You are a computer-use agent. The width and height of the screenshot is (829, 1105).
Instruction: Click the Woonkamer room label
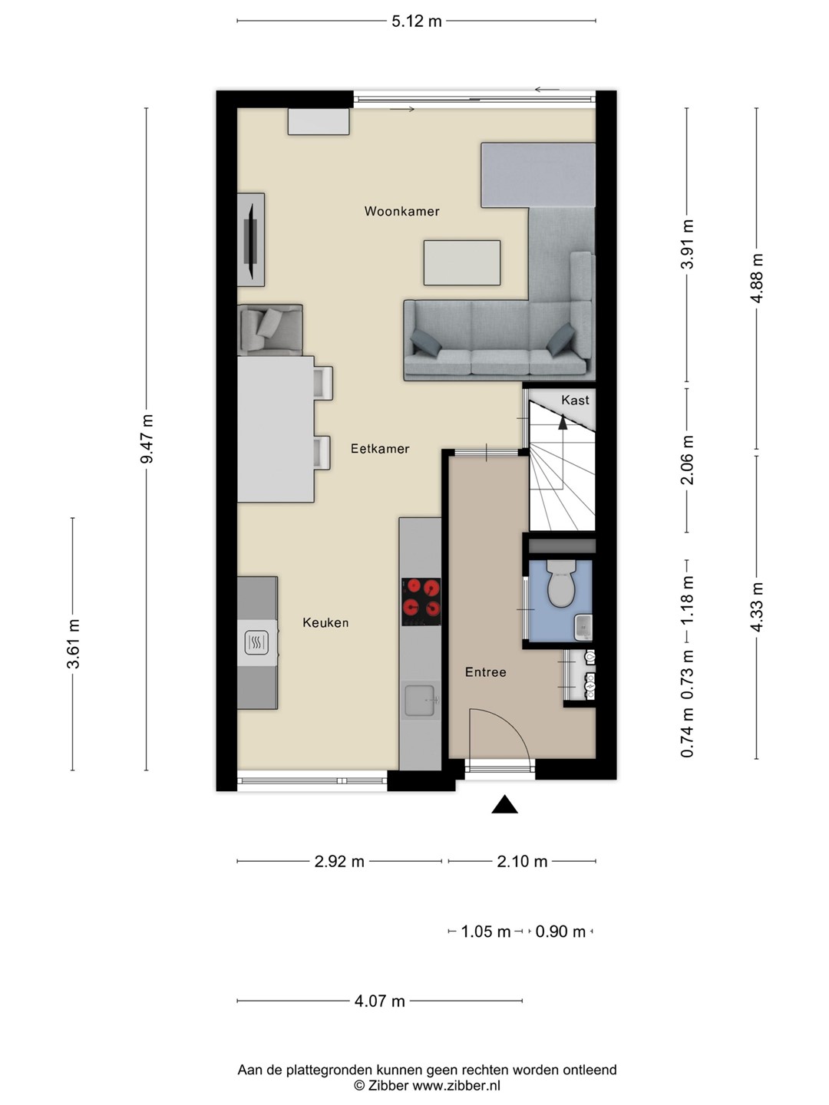401,212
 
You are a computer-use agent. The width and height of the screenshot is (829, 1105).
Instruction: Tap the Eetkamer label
380,449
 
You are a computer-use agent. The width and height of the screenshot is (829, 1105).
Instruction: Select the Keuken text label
325,623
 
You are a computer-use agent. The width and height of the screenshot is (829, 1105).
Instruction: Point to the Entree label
485,672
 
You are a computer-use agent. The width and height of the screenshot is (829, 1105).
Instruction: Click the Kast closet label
575,401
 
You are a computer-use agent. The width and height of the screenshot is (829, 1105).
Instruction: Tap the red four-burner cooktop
421,602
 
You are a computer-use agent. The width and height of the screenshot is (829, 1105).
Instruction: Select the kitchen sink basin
420,700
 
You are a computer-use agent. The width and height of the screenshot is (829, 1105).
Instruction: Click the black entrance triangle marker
504,804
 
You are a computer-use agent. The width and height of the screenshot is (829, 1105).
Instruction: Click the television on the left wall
251,241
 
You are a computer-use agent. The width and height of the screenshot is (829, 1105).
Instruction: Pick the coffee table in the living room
462,262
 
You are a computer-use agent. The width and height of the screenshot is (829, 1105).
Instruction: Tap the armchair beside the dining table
270,330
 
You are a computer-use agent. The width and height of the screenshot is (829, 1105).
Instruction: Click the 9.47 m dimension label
147,438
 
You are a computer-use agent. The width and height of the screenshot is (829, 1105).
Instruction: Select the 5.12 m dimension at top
417,21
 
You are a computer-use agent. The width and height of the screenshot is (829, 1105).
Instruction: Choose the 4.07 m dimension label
379,1001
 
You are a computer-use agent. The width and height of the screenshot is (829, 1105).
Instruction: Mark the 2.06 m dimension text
687,460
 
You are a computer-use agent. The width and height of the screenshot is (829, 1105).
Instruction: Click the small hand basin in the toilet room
584,628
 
